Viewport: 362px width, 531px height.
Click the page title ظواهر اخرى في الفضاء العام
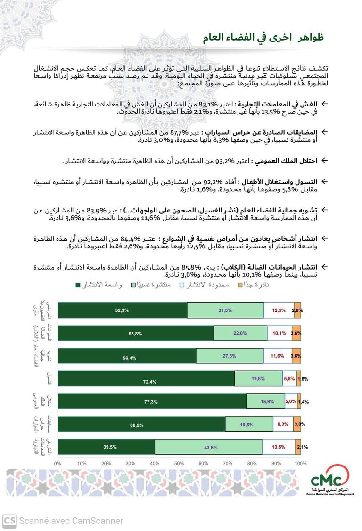point(263,38)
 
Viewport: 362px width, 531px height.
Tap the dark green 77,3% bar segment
point(152,402)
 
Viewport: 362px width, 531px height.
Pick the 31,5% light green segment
point(225,310)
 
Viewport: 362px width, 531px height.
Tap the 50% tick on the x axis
point(179,464)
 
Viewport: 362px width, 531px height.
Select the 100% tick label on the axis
point(300,464)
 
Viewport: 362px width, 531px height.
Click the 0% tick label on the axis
point(58,464)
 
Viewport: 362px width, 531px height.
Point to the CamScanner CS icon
point(9,521)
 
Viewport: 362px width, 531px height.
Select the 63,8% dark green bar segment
point(135,333)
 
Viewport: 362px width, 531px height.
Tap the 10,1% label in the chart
point(279,333)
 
